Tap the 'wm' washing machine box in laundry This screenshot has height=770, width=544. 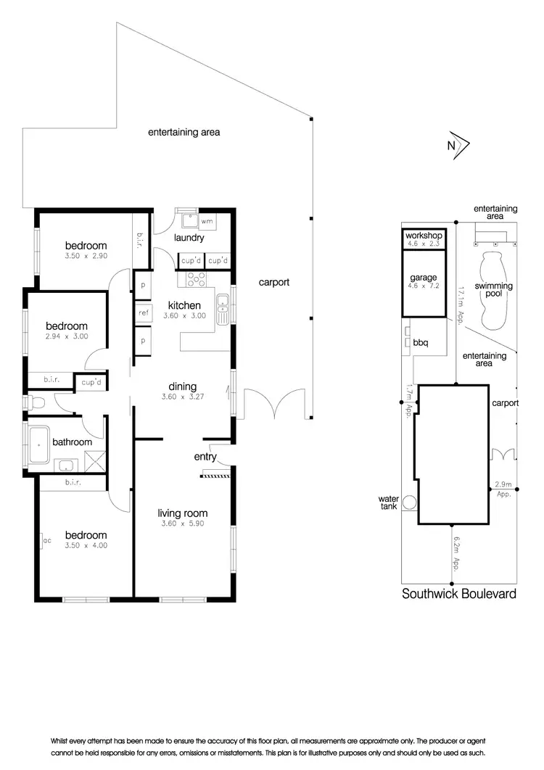pyautogui.click(x=207, y=220)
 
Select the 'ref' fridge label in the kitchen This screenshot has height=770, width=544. pyautogui.click(x=143, y=313)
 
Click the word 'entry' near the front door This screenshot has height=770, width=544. pyautogui.click(x=205, y=457)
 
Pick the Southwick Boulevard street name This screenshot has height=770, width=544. pyautogui.click(x=459, y=593)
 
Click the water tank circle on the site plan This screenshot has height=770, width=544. pyautogui.click(x=409, y=502)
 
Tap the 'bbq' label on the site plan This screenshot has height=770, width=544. pyautogui.click(x=421, y=342)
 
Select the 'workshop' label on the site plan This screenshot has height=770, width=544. pyautogui.click(x=423, y=236)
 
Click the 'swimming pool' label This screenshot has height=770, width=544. pyautogui.click(x=493, y=290)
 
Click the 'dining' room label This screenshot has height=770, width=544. pyautogui.click(x=182, y=386)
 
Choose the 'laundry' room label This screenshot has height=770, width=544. pyautogui.click(x=189, y=238)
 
